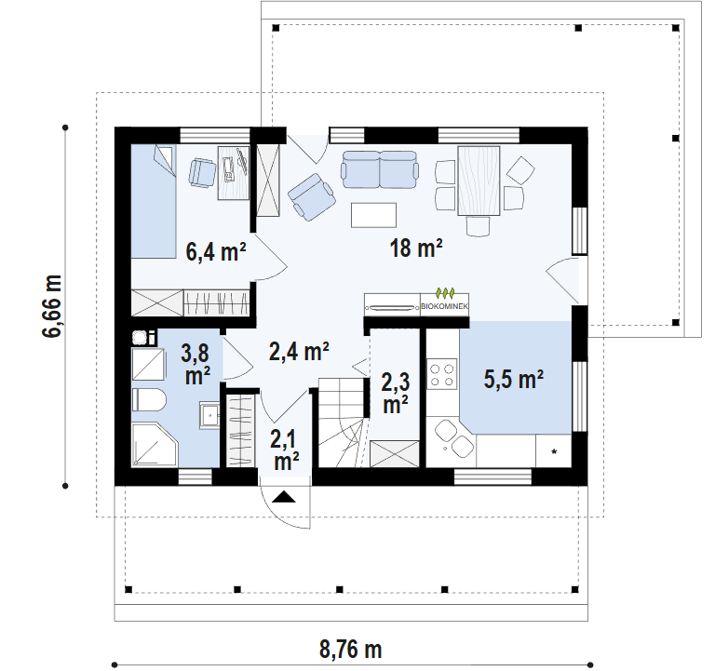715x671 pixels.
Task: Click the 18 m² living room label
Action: tap(416, 248)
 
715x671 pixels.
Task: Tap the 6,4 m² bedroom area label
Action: tap(216, 251)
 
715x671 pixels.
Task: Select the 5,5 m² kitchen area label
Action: tap(514, 379)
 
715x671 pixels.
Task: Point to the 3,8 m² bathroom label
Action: tap(196, 364)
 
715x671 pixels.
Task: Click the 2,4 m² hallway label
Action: tap(299, 352)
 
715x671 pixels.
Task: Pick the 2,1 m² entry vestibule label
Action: tap(287, 450)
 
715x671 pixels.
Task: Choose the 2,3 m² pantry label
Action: tap(396, 393)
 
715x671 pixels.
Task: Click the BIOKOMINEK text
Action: tap(444, 306)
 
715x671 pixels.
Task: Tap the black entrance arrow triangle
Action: tap(284, 497)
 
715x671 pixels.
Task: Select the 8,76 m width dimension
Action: tap(350, 649)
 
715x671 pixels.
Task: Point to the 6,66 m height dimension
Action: tap(51, 306)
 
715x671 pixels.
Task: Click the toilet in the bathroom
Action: tap(149, 400)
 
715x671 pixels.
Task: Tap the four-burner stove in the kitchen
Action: tap(442, 374)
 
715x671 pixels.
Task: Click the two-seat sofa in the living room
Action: tap(380, 169)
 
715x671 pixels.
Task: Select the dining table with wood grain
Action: tap(479, 180)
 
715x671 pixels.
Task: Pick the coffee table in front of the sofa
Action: tap(373, 215)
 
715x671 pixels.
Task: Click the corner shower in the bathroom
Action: tap(155, 445)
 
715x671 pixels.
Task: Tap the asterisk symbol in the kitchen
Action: tap(554, 452)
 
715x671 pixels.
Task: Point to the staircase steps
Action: tap(343, 423)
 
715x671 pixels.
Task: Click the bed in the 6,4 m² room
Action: tap(154, 201)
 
